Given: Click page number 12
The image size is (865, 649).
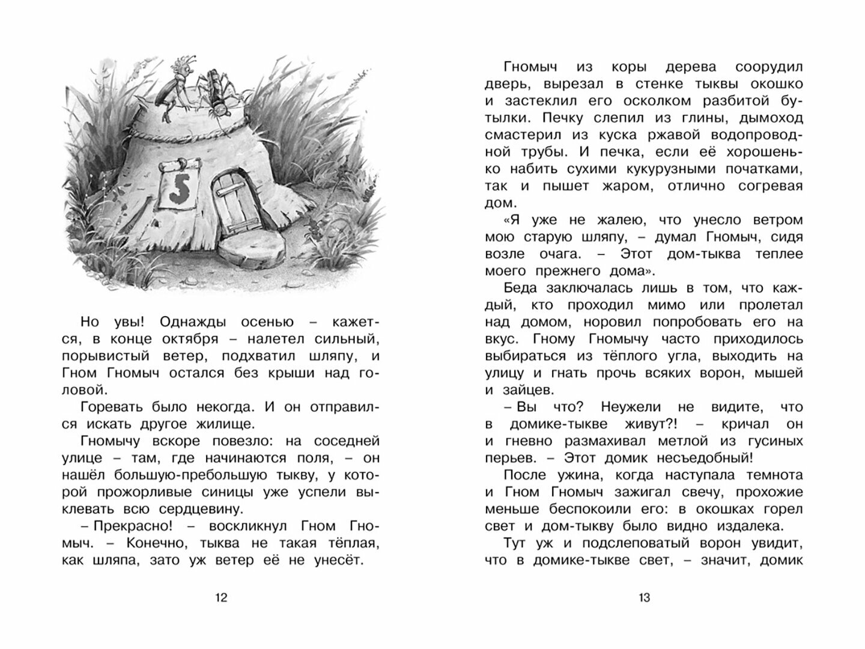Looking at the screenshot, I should coord(221,598).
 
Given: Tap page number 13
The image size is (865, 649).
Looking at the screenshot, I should coord(644,598).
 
